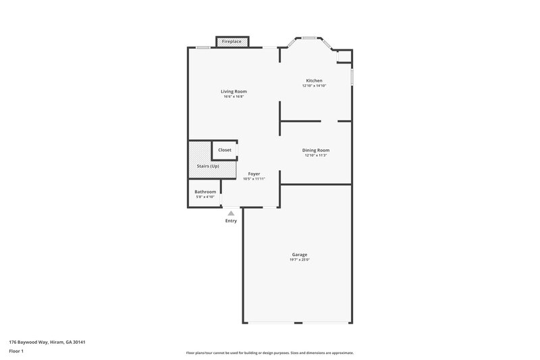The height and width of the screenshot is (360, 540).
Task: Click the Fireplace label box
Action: click(232, 42)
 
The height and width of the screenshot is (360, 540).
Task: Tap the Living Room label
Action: click(234, 91)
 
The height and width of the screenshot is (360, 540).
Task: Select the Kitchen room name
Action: click(315, 81)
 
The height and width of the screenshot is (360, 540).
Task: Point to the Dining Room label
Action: click(316, 150)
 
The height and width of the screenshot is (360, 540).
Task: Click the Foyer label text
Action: click(254, 174)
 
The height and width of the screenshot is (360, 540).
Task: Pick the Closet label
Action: click(225, 150)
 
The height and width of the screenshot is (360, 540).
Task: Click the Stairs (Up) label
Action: click(208, 166)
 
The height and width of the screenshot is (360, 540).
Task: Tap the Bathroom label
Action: click(205, 192)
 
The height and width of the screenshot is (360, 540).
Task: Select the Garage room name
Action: click(300, 255)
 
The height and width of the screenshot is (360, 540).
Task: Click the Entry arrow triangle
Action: click(231, 213)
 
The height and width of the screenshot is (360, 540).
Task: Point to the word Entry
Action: click(231, 221)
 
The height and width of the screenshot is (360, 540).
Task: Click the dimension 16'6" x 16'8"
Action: click(234, 97)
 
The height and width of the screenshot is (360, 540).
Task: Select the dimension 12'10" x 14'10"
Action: click(315, 86)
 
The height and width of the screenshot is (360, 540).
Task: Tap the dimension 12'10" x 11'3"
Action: click(316, 155)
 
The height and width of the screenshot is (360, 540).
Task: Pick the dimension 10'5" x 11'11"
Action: click(254, 179)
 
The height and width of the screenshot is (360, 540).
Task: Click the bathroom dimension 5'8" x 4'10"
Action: click(205, 197)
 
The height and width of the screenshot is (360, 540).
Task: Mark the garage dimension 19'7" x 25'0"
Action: click(300, 260)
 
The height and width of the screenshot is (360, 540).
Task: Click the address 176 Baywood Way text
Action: click(47, 342)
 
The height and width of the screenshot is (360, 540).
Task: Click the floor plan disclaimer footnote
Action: click(269, 353)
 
